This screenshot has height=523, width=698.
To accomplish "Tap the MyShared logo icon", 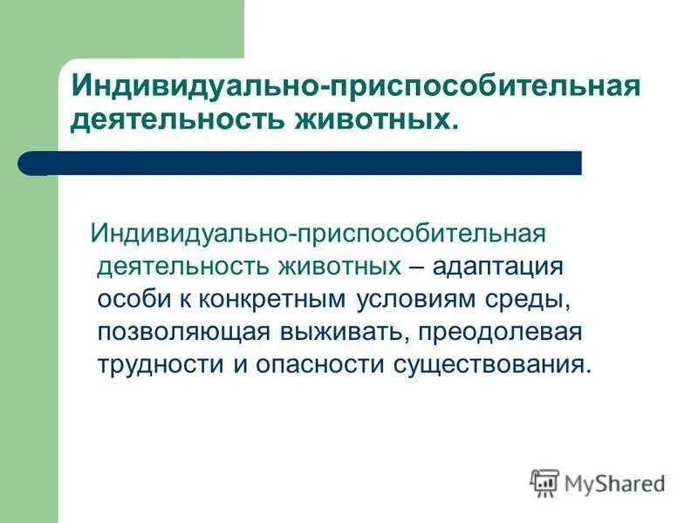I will [544, 483].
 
